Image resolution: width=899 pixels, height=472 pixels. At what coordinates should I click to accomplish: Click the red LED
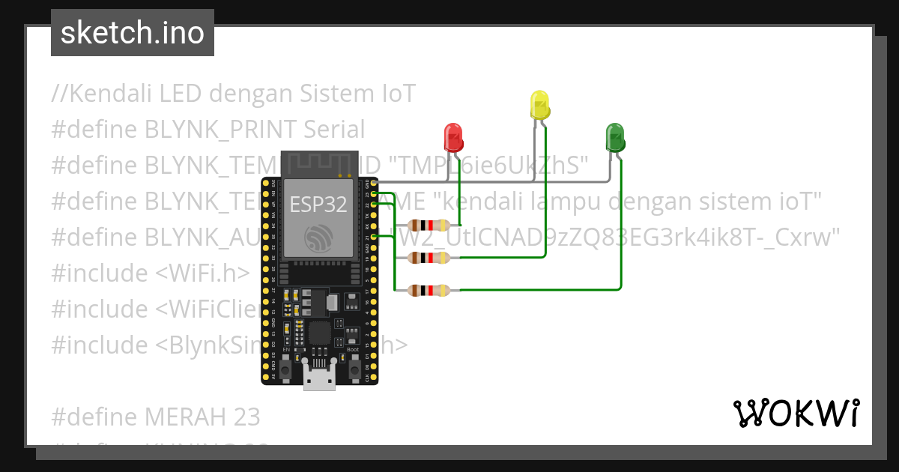pyautogui.click(x=453, y=137)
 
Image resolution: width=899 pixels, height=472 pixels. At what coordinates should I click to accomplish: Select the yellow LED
pyautogui.click(x=539, y=106)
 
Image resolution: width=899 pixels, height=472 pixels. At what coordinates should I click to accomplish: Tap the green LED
pyautogui.click(x=615, y=138)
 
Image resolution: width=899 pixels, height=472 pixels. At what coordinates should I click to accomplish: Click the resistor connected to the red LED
pyautogui.click(x=429, y=225)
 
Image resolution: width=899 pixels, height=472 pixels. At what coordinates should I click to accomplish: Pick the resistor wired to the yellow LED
pyautogui.click(x=429, y=258)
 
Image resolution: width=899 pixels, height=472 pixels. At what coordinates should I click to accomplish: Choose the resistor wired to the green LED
pyautogui.click(x=429, y=290)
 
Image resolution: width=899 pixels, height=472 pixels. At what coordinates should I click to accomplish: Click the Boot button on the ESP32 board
pyautogui.click(x=352, y=363)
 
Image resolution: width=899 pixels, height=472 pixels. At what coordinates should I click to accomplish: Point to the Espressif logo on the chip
pyautogui.click(x=318, y=238)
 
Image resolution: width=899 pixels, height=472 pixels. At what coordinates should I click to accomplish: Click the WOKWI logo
pyautogui.click(x=796, y=414)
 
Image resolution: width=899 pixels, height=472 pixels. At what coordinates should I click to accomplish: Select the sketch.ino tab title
pyautogui.click(x=133, y=33)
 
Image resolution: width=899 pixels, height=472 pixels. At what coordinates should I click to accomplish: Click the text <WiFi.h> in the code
pyautogui.click(x=202, y=273)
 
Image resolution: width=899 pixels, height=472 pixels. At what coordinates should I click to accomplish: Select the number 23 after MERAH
pyautogui.click(x=245, y=416)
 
